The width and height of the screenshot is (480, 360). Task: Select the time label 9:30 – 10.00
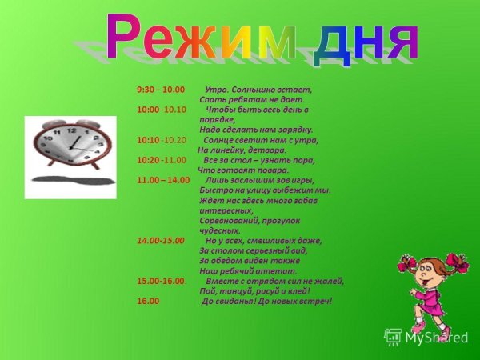pos(161,90)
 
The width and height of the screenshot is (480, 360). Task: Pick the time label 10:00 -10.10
pos(162,110)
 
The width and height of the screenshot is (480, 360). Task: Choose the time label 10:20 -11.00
pos(162,160)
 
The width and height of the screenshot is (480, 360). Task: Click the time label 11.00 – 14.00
pos(164,180)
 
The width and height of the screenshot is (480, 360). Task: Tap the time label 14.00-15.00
pos(161,240)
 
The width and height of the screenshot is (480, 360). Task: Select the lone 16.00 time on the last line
pos(148,302)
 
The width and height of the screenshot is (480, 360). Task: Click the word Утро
pos(217,90)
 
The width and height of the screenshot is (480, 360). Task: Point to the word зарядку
pos(296,130)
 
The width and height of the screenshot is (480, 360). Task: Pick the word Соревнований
pos(230,220)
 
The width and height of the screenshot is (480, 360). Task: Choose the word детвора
pos(266,150)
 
